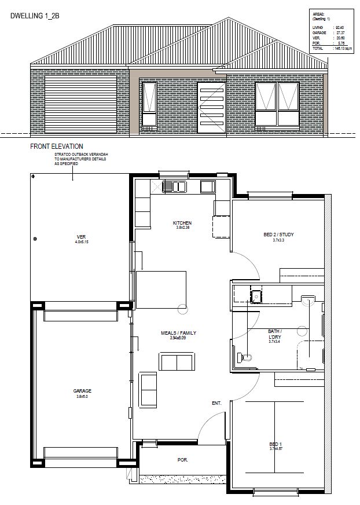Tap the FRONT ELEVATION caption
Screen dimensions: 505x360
pyautogui.click(x=57, y=147)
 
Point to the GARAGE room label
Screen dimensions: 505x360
pyautogui.click(x=83, y=391)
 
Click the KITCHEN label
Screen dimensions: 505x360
pyautogui.click(x=183, y=223)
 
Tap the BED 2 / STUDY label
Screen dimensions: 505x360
pyautogui.click(x=279, y=235)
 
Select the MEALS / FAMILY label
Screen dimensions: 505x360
pyautogui.click(x=178, y=334)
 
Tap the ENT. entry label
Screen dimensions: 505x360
pyautogui.click(x=217, y=402)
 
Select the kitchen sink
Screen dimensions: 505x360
pyautogui.click(x=174, y=186)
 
